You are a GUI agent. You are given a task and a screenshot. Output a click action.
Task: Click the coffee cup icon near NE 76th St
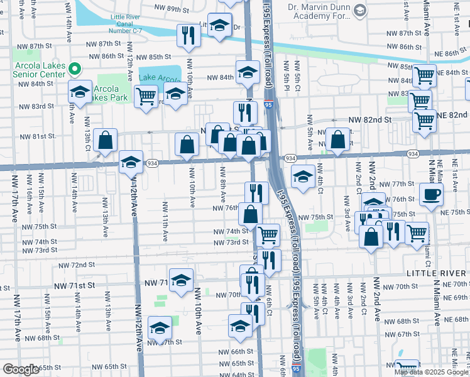pos(431,194)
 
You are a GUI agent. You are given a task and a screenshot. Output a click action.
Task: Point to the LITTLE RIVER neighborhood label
pos(437,273)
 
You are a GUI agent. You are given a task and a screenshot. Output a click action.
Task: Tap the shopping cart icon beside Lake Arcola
pos(146,97)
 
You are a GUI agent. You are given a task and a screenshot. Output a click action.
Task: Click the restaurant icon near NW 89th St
pos(188,36)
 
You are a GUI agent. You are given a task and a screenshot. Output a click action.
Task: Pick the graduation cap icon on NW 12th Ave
pos(131,163)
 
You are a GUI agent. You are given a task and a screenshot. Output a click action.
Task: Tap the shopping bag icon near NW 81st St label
pos(106,141)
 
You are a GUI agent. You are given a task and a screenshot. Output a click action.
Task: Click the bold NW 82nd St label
pos(370,119)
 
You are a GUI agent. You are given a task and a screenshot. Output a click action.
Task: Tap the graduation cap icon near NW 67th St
pos(160,328)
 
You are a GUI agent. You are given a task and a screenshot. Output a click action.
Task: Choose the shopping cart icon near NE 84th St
pos(425,76)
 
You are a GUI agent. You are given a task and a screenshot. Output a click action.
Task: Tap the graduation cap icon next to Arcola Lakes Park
pos(80,92)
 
